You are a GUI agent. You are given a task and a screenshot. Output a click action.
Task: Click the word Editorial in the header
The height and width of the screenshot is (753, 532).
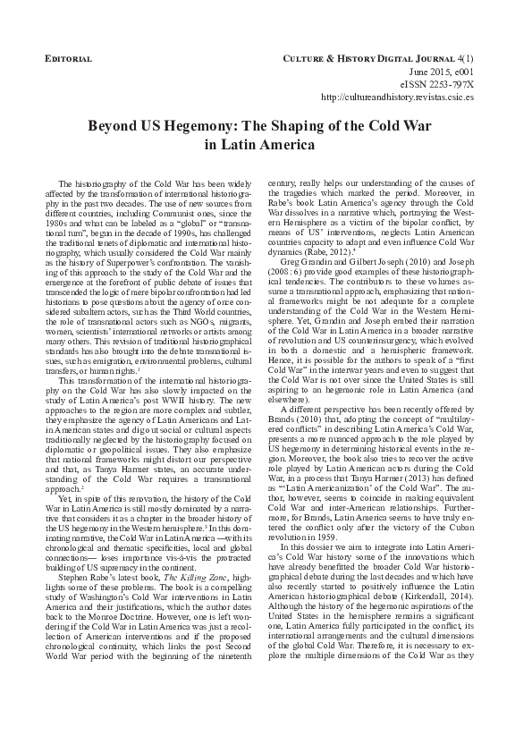[x=68, y=58]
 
